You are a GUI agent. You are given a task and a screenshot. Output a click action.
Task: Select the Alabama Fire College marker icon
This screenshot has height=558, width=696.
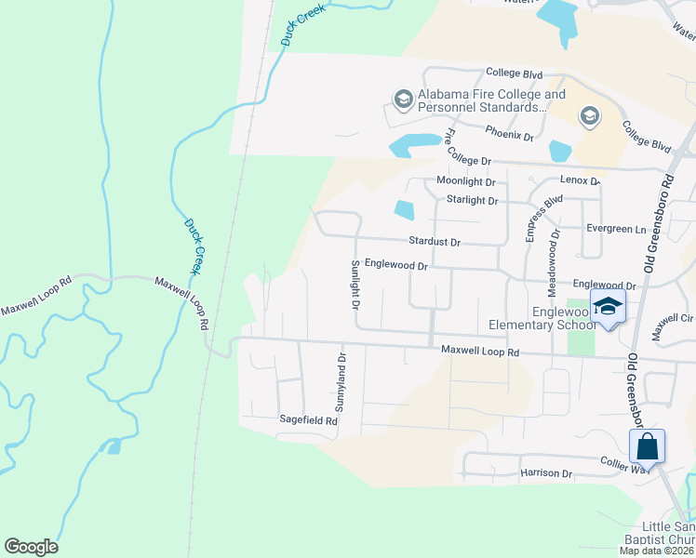403,98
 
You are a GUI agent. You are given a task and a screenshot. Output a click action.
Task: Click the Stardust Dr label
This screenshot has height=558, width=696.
435,242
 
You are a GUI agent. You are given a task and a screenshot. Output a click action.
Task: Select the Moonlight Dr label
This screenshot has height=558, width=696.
465,182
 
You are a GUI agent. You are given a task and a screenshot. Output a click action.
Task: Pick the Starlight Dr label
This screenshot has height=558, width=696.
473,201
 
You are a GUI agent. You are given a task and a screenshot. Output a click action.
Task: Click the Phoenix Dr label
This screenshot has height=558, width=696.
508,136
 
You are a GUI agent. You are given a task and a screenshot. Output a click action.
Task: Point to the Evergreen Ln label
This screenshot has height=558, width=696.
615,229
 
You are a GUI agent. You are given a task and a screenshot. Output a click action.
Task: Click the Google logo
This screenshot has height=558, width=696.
31,547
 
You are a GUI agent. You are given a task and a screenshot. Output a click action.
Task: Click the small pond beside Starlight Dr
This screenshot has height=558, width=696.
404,210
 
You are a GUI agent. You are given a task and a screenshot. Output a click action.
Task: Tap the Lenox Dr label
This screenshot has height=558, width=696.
580,180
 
